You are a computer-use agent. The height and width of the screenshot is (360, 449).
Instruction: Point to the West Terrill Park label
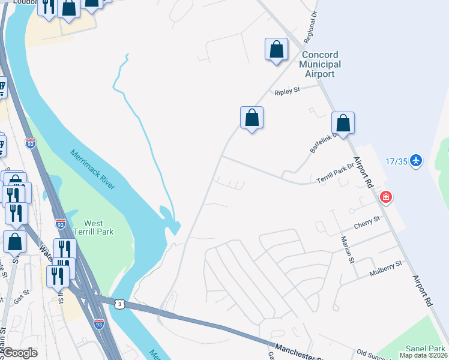(98, 227)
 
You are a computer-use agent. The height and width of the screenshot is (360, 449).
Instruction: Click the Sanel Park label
(424, 349)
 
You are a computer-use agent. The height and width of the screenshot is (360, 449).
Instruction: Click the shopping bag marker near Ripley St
(252, 118)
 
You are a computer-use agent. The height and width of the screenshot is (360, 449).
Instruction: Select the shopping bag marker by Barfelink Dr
(343, 123)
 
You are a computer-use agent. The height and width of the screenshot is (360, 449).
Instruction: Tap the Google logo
(21, 353)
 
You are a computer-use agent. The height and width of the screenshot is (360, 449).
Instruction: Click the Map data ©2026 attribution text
(424, 355)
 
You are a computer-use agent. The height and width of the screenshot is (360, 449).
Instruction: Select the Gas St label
(22, 300)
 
